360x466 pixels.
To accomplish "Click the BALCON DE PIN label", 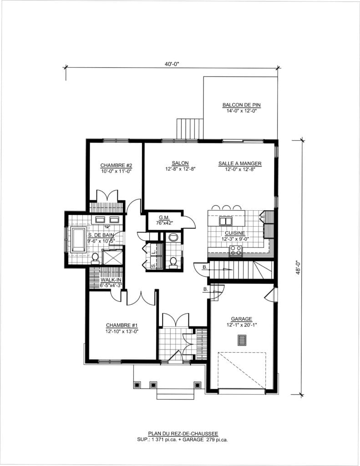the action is [241, 105].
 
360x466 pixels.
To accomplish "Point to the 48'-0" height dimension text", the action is [298, 268].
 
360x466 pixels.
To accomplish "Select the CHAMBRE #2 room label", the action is [116, 165].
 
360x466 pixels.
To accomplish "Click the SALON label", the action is [180, 163].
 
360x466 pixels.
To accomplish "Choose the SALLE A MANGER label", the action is [240, 163].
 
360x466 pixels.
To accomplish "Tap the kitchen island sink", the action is [226, 221].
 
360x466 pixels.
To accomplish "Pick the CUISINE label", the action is [235, 233].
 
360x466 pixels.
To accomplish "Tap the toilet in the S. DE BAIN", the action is [95, 258].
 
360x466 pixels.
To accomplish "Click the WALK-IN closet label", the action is [111, 280].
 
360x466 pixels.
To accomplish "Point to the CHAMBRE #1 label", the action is [122, 325].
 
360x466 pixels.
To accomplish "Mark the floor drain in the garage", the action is [242, 340].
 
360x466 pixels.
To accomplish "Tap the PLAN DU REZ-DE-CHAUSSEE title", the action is [183, 434].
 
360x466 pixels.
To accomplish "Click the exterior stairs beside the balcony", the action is [190, 129].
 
